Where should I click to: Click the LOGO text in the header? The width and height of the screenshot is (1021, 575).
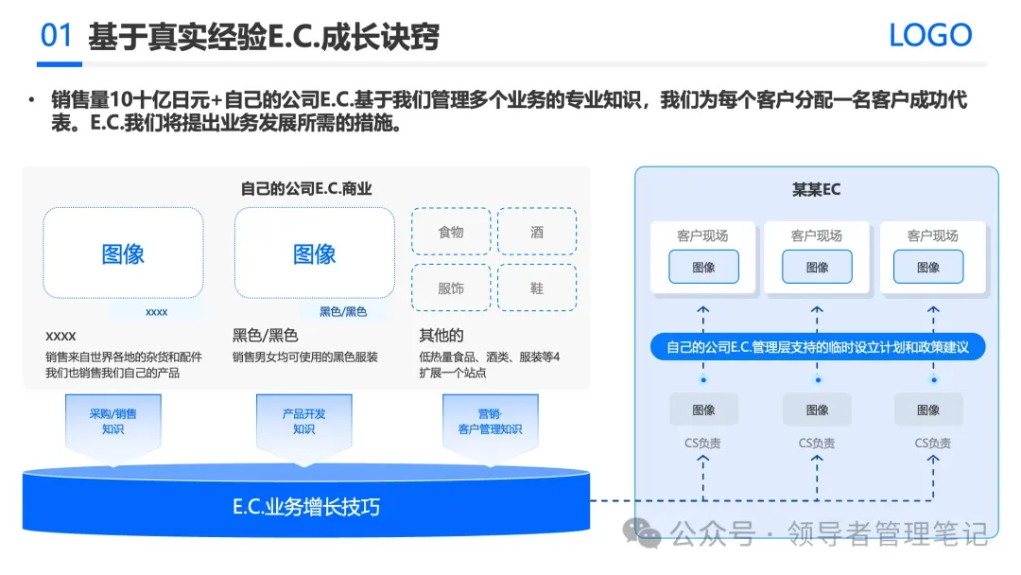coord(930,36)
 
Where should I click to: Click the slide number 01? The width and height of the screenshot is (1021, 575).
coord(57,36)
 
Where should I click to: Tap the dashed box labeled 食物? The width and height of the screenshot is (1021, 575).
coord(451,232)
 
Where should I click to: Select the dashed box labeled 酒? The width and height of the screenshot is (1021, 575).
coord(537,232)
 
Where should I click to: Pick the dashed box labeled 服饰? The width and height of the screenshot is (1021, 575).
coord(451,287)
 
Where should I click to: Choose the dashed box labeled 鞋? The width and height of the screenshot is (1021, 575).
coord(537,287)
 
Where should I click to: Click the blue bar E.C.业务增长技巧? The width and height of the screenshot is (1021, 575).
coord(306,507)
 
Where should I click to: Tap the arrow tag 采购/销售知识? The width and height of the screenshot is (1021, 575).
coord(112,422)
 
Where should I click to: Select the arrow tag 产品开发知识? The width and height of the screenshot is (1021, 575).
coord(303,422)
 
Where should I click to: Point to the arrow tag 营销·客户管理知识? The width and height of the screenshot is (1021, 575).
coord(490,422)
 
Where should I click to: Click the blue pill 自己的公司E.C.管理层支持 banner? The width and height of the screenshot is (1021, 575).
coord(818,347)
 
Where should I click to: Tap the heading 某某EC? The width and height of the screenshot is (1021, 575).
coord(816,189)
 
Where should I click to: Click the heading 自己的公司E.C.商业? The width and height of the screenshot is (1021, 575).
coord(306,188)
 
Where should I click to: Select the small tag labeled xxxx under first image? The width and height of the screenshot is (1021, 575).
coord(156,311)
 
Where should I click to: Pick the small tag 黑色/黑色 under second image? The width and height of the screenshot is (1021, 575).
coord(342,311)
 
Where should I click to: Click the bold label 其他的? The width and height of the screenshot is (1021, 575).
coord(441,336)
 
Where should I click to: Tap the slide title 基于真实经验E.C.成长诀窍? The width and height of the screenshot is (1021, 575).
coord(264,37)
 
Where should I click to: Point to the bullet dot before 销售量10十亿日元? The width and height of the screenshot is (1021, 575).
coord(31,100)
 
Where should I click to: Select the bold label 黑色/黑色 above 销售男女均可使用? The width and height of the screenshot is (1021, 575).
coord(265,336)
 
